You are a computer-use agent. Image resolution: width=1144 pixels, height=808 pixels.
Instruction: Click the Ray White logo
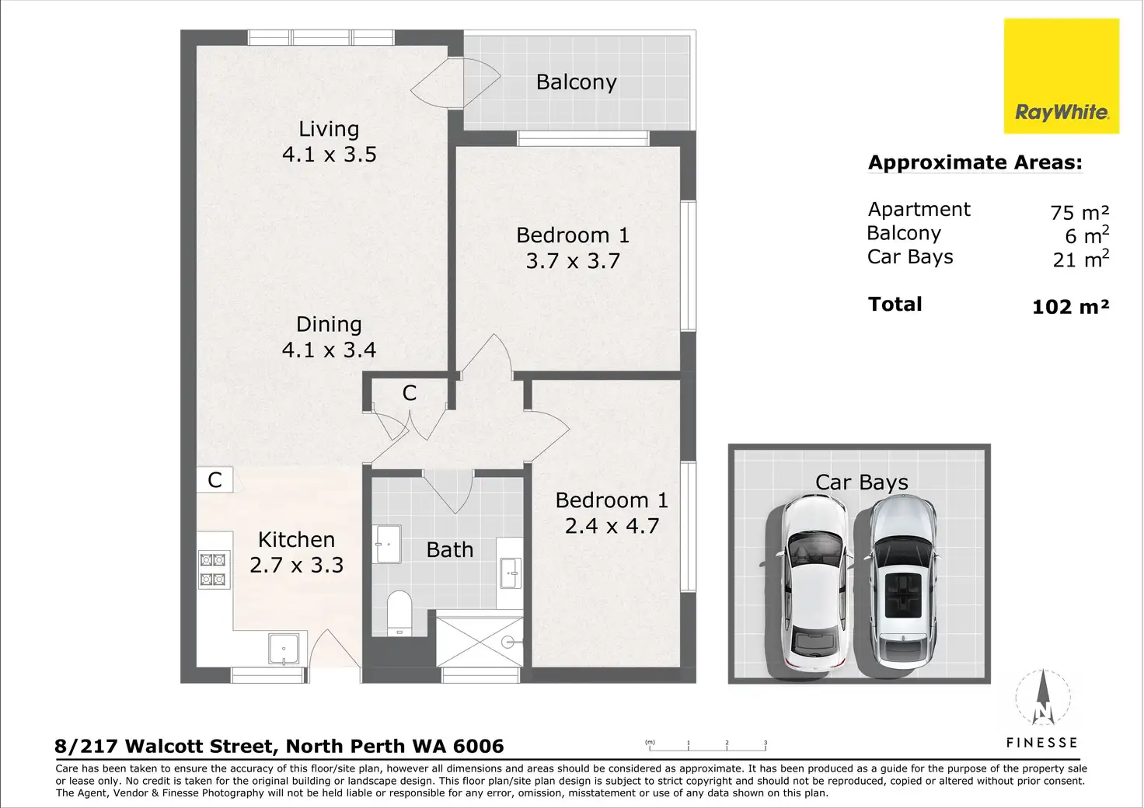[x=1062, y=76]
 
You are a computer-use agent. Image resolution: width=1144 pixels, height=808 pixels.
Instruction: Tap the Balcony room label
[x=576, y=82]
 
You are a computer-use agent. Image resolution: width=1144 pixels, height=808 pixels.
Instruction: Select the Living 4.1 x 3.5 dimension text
[x=330, y=154]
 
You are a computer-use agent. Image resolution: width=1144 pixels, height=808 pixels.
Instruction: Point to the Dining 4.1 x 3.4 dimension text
[x=330, y=350]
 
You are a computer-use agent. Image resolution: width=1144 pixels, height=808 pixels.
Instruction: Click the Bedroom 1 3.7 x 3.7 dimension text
[x=573, y=261]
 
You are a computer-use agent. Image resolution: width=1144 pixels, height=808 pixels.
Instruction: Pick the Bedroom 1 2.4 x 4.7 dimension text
[x=612, y=526]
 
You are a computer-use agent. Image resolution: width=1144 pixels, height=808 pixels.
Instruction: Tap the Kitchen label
[x=296, y=539]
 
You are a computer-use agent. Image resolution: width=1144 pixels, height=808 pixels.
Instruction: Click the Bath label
[x=450, y=550]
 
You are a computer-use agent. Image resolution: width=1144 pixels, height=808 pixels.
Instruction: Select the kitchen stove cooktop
[x=213, y=570]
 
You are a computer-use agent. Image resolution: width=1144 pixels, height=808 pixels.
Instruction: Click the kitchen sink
[x=284, y=649]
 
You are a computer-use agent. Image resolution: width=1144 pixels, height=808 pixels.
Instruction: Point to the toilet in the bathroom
[x=399, y=614]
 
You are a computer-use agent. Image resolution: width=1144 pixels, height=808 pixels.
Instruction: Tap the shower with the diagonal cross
[x=480, y=642]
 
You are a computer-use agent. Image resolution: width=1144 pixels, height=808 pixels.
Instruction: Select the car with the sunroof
[x=902, y=583]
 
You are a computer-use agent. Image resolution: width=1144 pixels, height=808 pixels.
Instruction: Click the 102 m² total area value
[x=1070, y=306]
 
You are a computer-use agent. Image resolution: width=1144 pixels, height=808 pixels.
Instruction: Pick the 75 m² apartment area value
[x=1079, y=212]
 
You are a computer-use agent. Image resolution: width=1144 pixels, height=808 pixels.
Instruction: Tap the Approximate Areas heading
[x=975, y=162]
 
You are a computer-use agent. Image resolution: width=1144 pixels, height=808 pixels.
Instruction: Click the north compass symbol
[x=1043, y=697]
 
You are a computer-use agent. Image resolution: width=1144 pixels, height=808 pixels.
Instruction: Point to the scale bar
[x=707, y=747]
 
